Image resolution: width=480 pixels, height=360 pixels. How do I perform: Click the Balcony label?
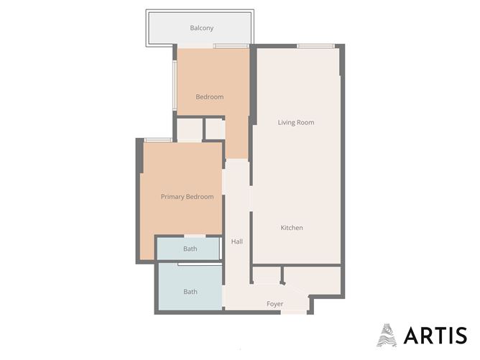pyautogui.click(x=201, y=28)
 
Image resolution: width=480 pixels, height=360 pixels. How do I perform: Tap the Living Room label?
pyautogui.click(x=296, y=122)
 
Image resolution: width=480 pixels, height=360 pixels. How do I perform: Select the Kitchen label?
pyautogui.click(x=292, y=228)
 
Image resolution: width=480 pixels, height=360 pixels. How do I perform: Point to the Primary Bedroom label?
pyautogui.click(x=188, y=197)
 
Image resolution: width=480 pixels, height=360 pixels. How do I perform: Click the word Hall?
pyautogui.click(x=237, y=241)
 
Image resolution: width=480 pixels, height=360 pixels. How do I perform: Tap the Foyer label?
pyautogui.click(x=275, y=304)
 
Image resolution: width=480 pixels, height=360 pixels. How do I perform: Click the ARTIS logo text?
pyautogui.click(x=435, y=335)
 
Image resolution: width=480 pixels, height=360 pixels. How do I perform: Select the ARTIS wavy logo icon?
pyautogui.click(x=387, y=335)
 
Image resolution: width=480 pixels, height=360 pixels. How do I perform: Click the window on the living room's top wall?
pyautogui.click(x=315, y=46)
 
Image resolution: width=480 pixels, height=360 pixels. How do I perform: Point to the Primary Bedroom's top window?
pyautogui.click(x=158, y=140)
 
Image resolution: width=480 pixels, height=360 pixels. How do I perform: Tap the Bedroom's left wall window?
pyautogui.click(x=175, y=85)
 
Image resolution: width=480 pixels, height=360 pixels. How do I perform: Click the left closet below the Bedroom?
pyautogui.click(x=190, y=130)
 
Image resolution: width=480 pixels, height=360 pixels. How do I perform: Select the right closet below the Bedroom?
pyautogui.click(x=215, y=129)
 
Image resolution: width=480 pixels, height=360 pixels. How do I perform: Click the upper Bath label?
pyautogui.click(x=190, y=249)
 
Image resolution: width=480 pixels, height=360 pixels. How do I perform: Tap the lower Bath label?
pyautogui.click(x=190, y=292)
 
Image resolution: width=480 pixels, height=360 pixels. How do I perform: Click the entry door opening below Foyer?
pyautogui.click(x=294, y=313)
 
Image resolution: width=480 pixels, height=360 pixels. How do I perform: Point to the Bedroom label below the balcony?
pyautogui.click(x=210, y=97)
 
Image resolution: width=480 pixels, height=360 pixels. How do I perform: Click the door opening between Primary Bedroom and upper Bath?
pyautogui.click(x=195, y=236)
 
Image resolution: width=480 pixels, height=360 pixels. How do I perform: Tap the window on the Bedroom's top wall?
pyautogui.click(x=231, y=46)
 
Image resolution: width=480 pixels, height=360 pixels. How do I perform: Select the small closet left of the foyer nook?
pyautogui.click(x=267, y=275)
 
